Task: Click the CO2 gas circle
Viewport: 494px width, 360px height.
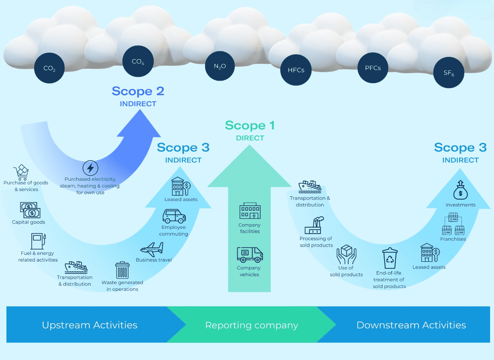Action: (x=49, y=68)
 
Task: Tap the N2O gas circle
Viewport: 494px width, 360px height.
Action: (x=220, y=66)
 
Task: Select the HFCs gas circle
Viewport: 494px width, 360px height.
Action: (x=296, y=70)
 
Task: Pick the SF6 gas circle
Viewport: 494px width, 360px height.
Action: (x=449, y=73)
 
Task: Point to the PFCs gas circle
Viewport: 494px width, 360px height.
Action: (x=373, y=68)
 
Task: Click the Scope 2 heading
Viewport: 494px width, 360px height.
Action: (x=138, y=91)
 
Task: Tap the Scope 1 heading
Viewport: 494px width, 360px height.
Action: (x=250, y=125)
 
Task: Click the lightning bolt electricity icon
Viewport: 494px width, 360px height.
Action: (x=91, y=168)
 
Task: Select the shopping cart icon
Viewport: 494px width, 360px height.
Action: (x=21, y=172)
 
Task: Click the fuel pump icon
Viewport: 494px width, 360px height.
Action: (x=38, y=241)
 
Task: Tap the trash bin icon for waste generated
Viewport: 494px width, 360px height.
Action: (x=122, y=270)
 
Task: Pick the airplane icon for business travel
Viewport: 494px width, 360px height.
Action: (x=152, y=249)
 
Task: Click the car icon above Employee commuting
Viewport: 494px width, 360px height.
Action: (x=174, y=216)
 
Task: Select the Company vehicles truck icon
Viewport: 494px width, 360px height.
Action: (x=250, y=254)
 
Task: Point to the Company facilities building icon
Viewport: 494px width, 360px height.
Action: (x=250, y=211)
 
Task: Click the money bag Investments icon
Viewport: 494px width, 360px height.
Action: (x=460, y=190)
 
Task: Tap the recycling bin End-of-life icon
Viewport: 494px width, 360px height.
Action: (x=390, y=258)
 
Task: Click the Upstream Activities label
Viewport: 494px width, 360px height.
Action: (x=90, y=325)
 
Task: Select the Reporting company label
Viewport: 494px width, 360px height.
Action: (x=251, y=325)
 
